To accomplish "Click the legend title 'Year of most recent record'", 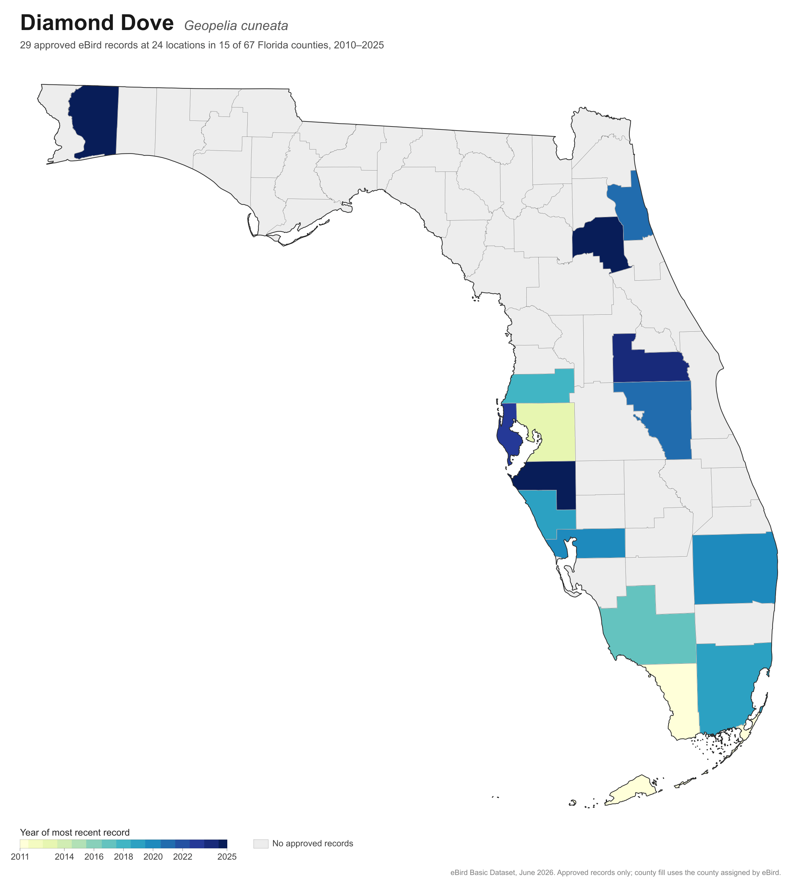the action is tap(75, 833).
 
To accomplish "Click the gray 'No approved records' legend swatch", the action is tap(261, 844).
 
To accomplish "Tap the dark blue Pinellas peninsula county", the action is tap(509, 431).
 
